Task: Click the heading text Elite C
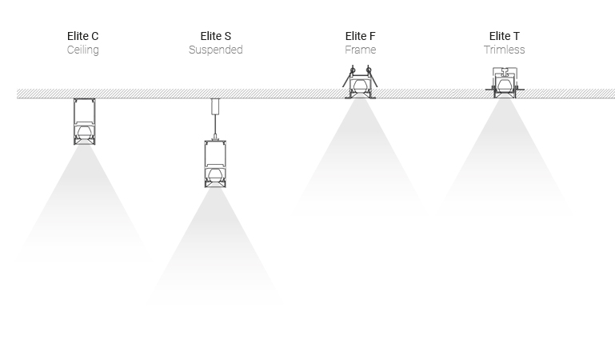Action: point(82,36)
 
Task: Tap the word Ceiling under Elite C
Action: point(82,50)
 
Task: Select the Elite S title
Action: point(215,36)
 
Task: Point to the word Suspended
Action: point(215,50)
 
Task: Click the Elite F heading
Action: point(360,36)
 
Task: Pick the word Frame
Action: point(360,50)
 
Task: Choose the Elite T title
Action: point(504,36)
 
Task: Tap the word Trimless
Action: point(504,50)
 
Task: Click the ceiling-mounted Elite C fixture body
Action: point(84,120)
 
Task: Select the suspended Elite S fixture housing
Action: point(215,163)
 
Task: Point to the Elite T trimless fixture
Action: point(504,85)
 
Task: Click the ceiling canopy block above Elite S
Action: point(215,106)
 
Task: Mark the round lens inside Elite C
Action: point(84,130)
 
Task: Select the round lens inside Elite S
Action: point(215,174)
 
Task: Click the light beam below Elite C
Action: point(84,208)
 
